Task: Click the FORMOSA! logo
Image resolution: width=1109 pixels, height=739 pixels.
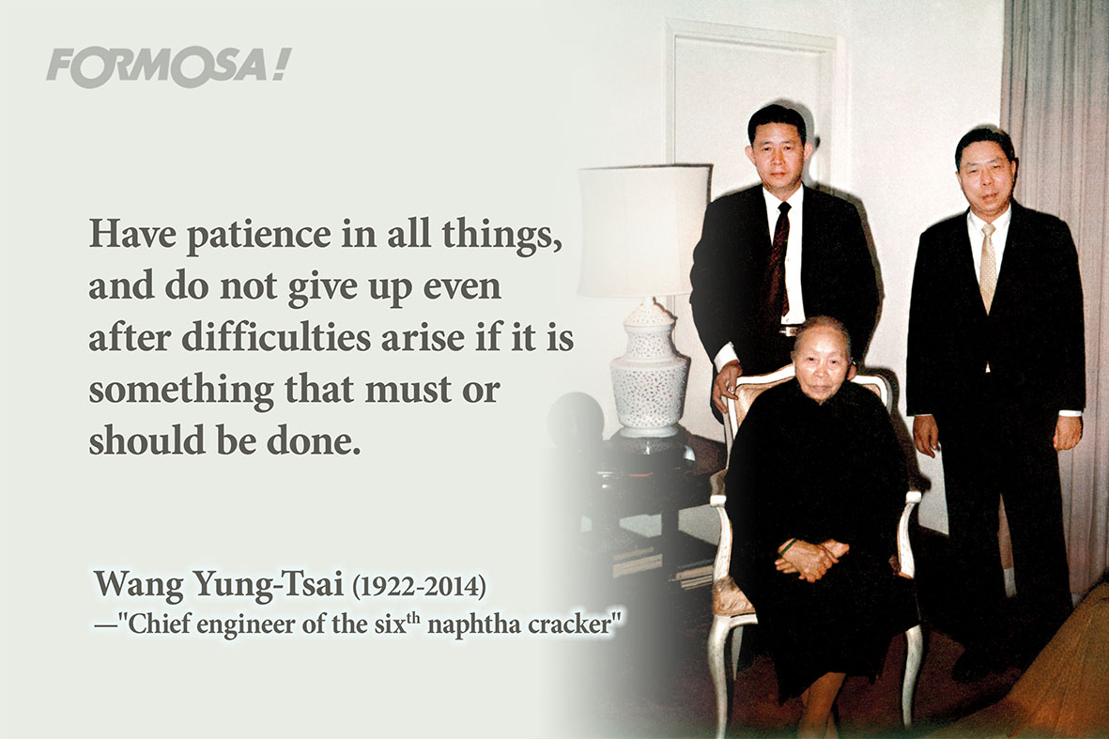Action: point(168,68)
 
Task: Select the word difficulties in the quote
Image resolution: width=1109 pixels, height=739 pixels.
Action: point(276,336)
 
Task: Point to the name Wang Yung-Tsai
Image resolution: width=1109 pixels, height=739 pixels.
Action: point(219,584)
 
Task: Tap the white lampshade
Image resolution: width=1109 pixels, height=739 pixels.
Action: point(643,231)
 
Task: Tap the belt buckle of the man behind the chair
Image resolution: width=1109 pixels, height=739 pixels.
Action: point(788,331)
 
